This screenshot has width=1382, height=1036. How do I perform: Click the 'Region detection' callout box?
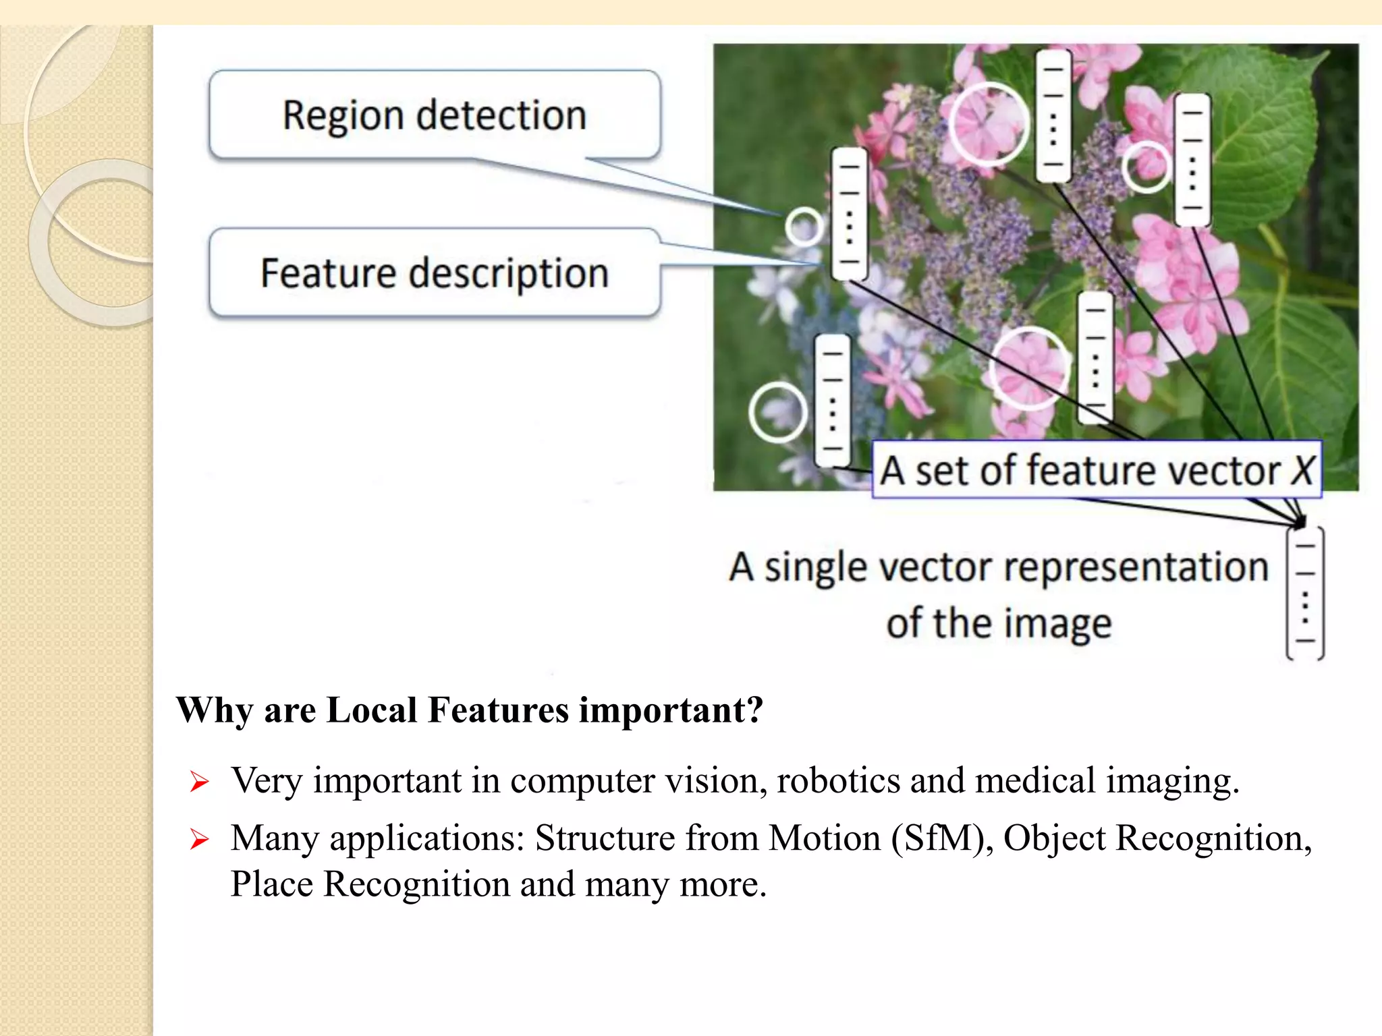(435, 115)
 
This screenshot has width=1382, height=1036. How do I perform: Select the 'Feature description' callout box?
(435, 273)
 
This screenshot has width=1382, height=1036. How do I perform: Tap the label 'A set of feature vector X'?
(1096, 470)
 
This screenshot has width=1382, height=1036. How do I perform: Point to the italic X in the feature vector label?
(1302, 470)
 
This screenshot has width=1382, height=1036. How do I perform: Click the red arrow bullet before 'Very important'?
(199, 782)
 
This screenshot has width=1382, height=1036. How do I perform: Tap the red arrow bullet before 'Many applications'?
(199, 840)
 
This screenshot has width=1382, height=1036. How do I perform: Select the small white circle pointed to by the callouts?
(804, 226)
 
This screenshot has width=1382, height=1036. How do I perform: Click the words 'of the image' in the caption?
(999, 623)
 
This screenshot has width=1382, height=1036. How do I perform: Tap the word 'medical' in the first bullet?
(1035, 781)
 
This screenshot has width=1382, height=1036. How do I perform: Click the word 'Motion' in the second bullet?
(825, 838)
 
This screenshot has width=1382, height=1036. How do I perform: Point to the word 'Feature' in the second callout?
(328, 273)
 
